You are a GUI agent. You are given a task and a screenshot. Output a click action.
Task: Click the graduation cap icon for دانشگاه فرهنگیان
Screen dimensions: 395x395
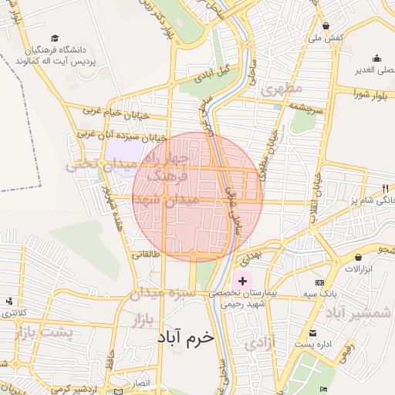(55, 39)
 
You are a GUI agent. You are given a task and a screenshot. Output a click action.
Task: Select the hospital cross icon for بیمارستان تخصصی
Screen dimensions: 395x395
(243, 282)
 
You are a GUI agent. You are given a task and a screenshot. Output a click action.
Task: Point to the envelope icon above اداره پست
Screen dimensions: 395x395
(312, 333)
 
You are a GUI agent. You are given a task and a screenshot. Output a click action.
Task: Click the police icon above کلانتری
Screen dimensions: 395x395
(8, 301)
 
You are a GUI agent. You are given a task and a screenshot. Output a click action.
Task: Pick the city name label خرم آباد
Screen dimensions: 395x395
(184, 337)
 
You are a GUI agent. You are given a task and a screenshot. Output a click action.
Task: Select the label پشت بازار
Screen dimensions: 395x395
(43, 333)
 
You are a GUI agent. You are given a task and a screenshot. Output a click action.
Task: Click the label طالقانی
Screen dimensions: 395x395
(146, 253)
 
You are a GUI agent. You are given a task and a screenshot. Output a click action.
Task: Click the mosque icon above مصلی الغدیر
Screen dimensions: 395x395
(376, 58)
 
